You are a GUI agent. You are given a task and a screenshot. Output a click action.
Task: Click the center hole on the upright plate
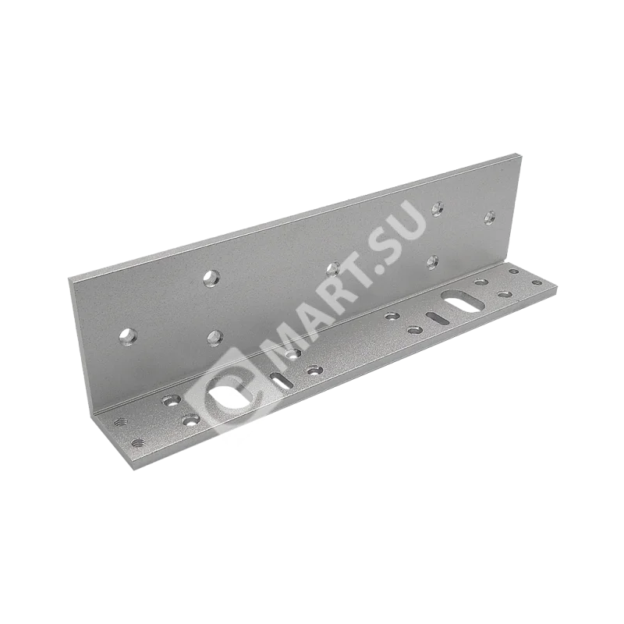(x=332, y=269)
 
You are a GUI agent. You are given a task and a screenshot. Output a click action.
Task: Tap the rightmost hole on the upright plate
(x=489, y=218)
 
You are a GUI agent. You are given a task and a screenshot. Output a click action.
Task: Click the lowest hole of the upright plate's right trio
(x=433, y=261)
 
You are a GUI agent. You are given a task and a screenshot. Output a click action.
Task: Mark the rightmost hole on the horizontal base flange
(x=537, y=282)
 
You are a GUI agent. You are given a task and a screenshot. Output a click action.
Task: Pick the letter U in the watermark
(x=414, y=221)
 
